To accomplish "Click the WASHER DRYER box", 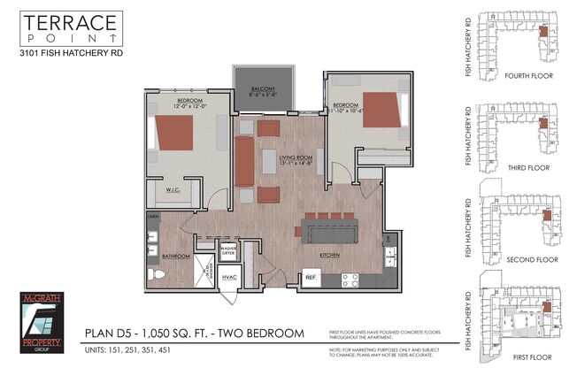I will point(229,250).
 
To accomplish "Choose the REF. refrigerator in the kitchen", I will point(311,277).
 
